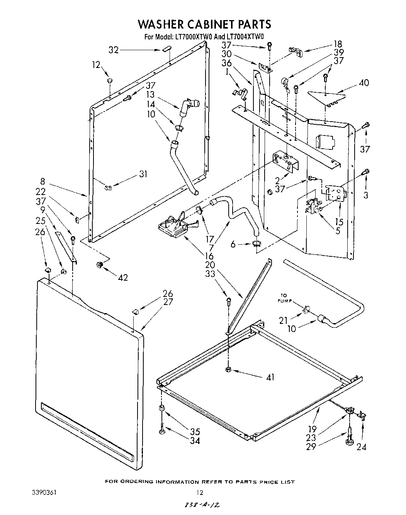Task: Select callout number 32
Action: coord(113,50)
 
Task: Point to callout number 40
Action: coord(364,83)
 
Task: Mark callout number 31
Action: coord(143,174)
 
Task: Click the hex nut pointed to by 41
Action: coord(228,369)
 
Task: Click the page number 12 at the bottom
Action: coord(199,492)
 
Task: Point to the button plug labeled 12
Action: coord(110,81)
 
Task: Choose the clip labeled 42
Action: coord(100,264)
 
